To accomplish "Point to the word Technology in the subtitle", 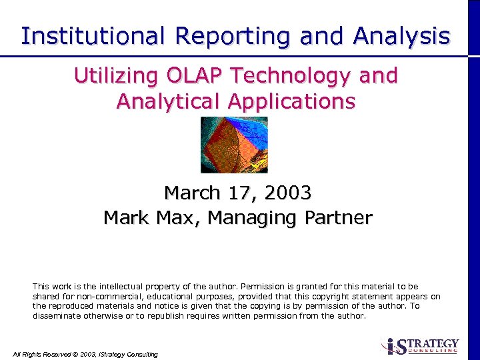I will click(291, 76).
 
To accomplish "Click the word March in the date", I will click(192, 193).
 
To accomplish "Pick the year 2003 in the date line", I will click(288, 193).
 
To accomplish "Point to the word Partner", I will click(339, 218).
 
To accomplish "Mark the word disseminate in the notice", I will click(58, 316).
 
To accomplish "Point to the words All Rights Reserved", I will click(43, 354).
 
